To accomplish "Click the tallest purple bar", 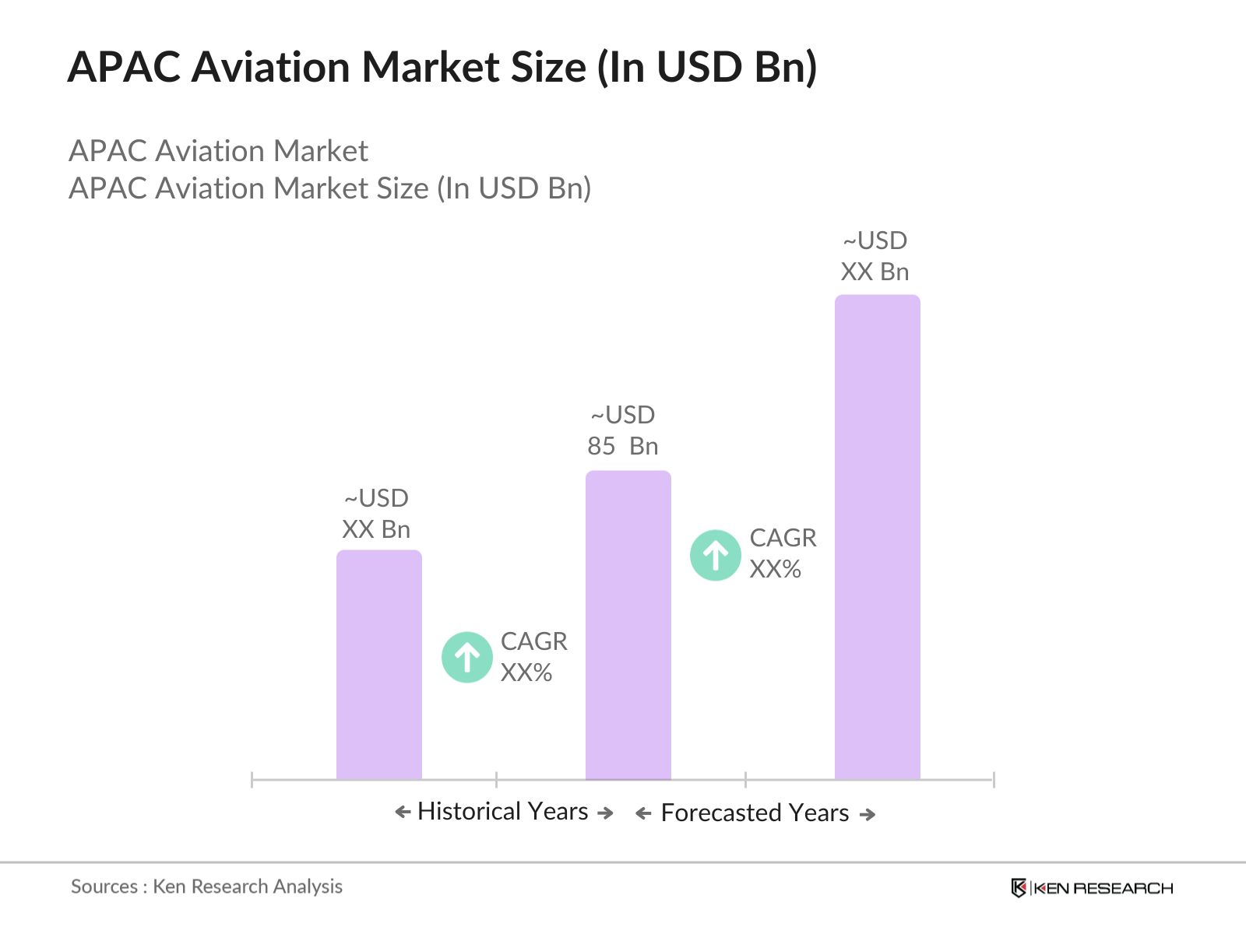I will pyautogui.click(x=877, y=537).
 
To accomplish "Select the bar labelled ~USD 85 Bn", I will pyautogui.click(x=628, y=623).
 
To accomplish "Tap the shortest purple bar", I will pyautogui.click(x=378, y=665).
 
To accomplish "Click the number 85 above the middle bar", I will pyautogui.click(x=601, y=446).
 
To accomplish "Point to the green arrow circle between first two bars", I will pyautogui.click(x=466, y=657).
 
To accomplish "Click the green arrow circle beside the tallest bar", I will pyautogui.click(x=715, y=555).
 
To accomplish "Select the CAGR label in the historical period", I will pyautogui.click(x=533, y=641).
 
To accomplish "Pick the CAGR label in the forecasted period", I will pyautogui.click(x=783, y=538).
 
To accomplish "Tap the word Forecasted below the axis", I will pyautogui.click(x=720, y=813).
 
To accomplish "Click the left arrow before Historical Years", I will pyautogui.click(x=403, y=813).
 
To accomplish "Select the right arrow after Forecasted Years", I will pyautogui.click(x=868, y=814).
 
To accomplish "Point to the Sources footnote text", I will pyautogui.click(x=206, y=887).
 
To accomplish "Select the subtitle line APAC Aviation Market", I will pyautogui.click(x=218, y=151).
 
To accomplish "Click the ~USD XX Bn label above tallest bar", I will pyautogui.click(x=875, y=256).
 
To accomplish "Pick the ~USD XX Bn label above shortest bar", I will pyautogui.click(x=376, y=514).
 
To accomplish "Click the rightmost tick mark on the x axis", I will pyautogui.click(x=994, y=779).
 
